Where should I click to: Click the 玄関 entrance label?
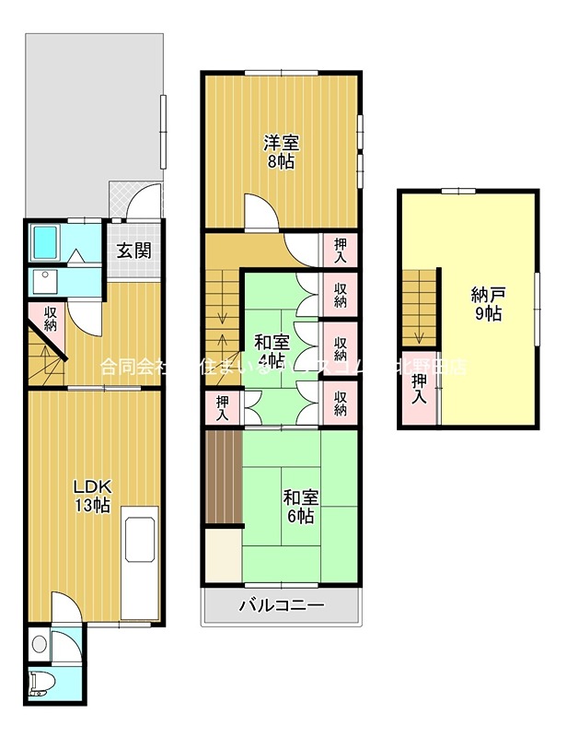click(x=134, y=250)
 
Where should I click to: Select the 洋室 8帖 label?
click(x=280, y=152)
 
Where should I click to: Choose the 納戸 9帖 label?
click(x=486, y=304)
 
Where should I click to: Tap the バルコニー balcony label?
click(x=281, y=606)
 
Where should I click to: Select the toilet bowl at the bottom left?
click(x=40, y=684)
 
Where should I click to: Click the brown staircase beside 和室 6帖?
click(x=222, y=477)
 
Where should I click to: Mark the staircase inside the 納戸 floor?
click(x=419, y=305)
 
